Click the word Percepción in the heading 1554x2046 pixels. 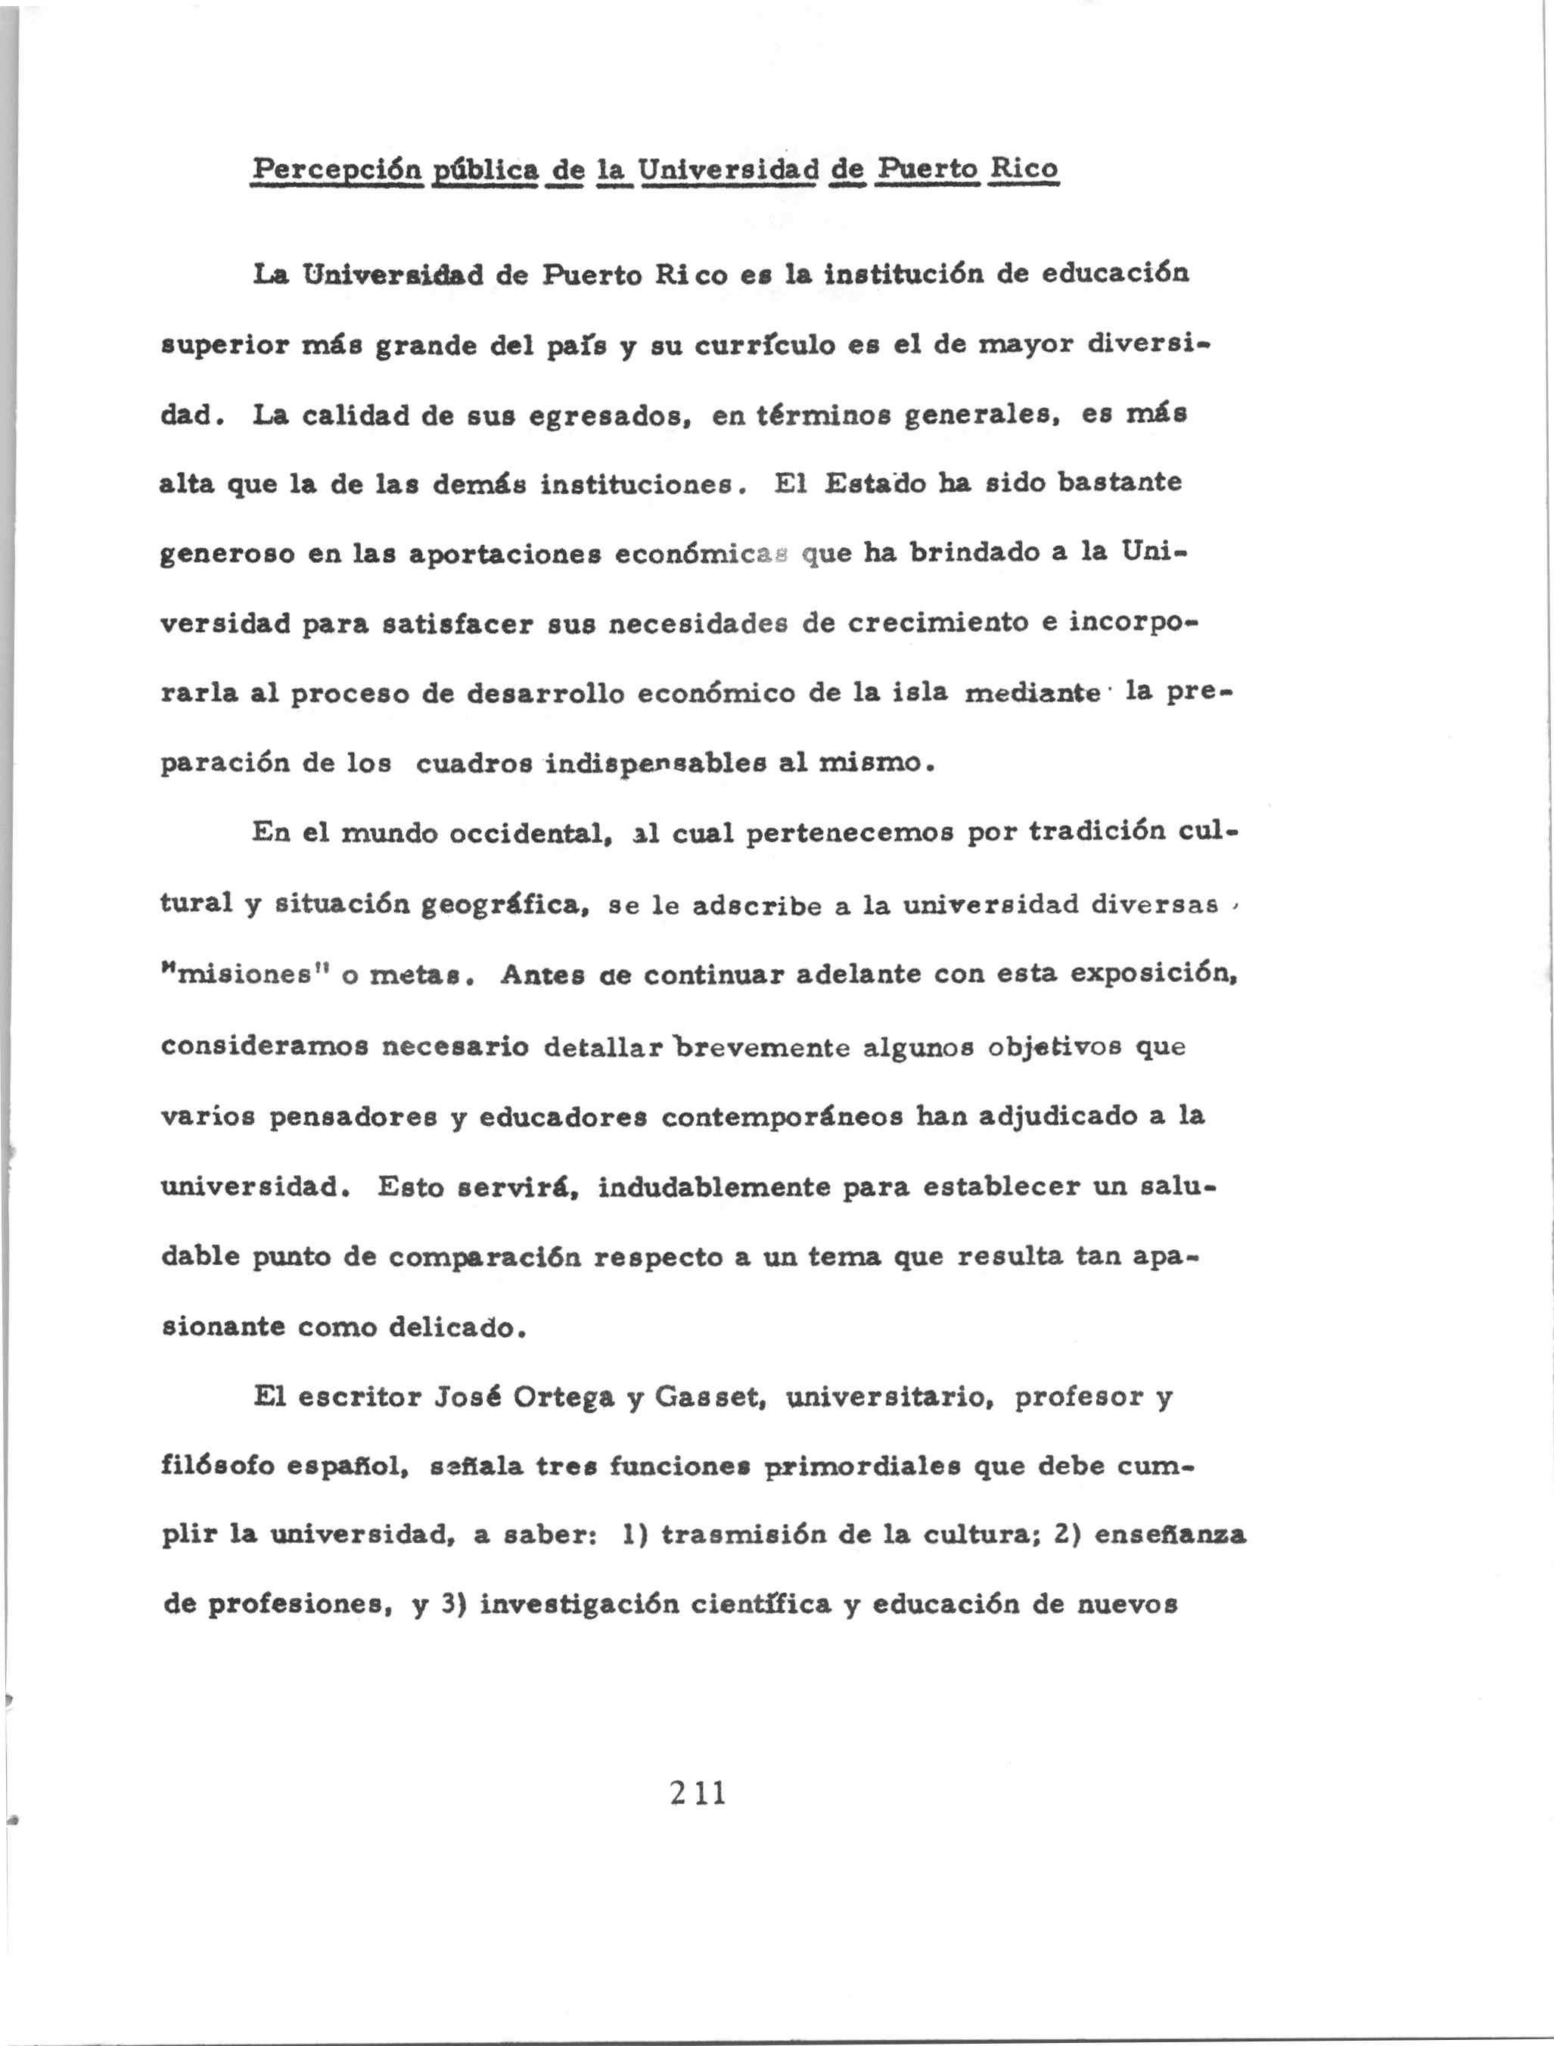[337, 171]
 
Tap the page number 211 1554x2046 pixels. [698, 1793]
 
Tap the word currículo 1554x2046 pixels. [747, 345]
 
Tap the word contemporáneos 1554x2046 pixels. [780, 1116]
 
